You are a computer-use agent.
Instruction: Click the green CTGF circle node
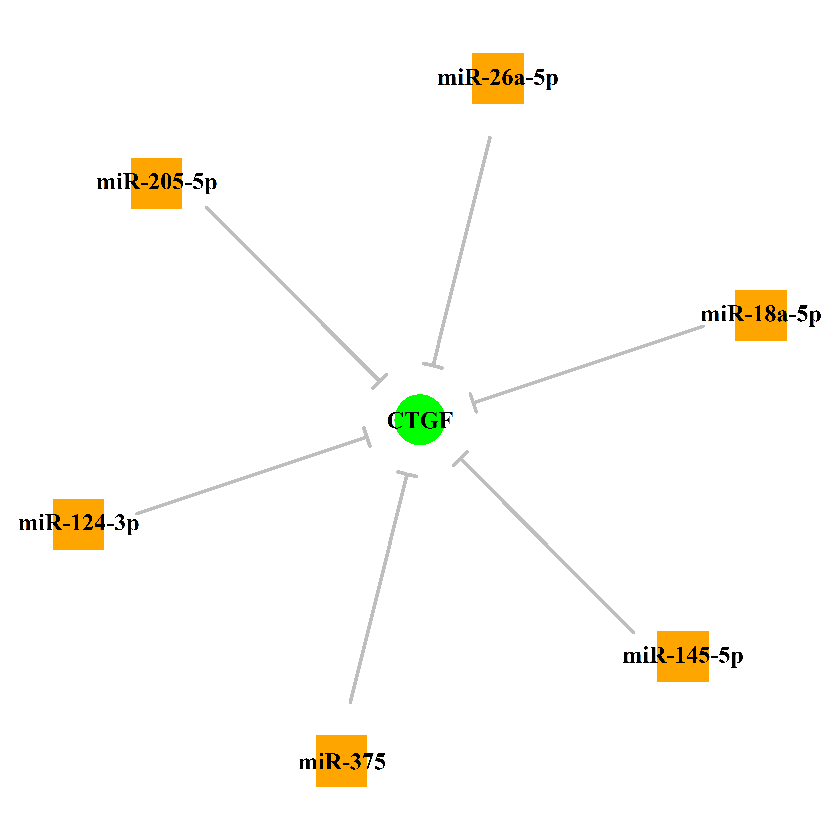point(420,420)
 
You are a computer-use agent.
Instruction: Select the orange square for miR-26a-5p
point(498,79)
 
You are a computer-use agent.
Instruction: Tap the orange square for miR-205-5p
point(157,183)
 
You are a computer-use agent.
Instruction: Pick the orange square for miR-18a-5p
point(761,315)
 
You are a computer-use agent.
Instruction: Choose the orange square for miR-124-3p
point(79,524)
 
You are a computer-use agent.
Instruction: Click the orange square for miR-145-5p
point(683,657)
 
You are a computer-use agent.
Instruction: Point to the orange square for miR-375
point(342,761)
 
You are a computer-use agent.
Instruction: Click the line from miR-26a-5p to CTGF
point(462,251)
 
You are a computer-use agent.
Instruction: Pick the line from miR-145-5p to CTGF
point(547,546)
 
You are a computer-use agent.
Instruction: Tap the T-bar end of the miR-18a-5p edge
point(473,403)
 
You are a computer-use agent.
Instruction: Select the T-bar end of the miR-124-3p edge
point(367,437)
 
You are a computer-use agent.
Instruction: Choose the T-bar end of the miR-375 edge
point(407,474)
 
